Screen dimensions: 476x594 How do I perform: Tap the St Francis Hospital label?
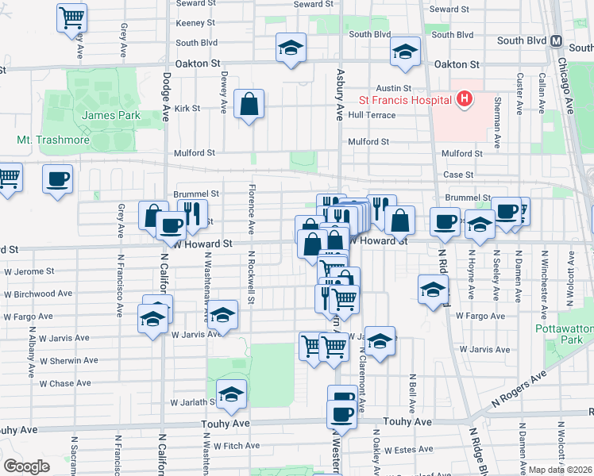[404, 101]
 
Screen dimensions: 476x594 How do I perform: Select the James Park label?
[111, 115]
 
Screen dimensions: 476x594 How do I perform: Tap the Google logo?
[26, 466]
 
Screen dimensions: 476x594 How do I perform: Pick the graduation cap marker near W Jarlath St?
[231, 394]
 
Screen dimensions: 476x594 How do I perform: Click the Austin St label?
[394, 88]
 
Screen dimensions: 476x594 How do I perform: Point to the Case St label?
[458, 175]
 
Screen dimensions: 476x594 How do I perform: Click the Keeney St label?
[195, 24]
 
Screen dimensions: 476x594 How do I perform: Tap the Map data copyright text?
[560, 470]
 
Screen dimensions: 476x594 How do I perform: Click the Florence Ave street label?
[251, 210]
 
